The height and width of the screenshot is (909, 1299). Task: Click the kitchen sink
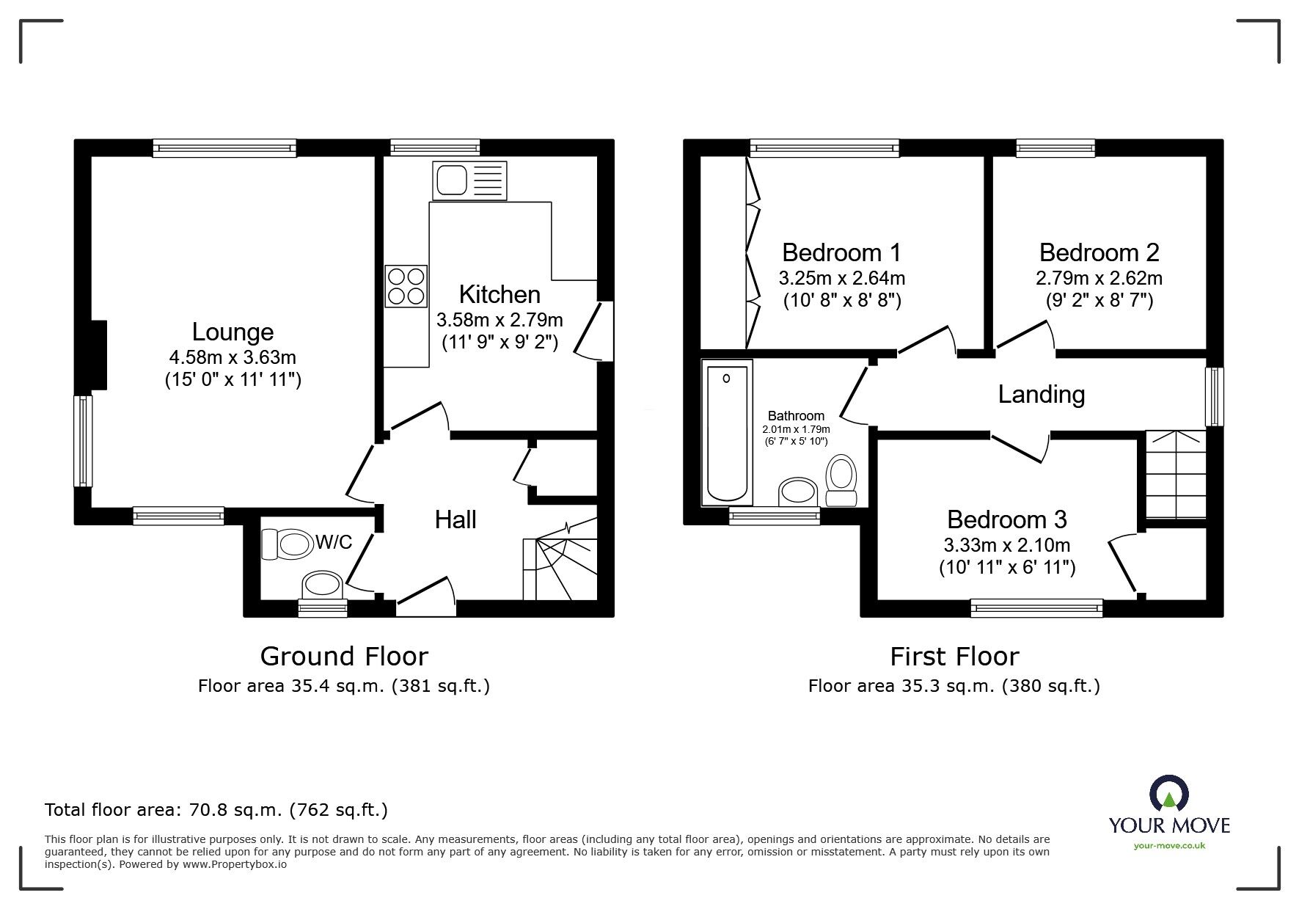[x=469, y=180]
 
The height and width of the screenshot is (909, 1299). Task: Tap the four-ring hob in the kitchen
[x=406, y=286]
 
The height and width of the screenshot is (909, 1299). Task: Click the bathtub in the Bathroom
[x=727, y=432]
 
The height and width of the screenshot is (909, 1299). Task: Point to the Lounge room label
[x=233, y=332]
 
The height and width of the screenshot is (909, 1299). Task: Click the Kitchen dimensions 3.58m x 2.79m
[x=500, y=320]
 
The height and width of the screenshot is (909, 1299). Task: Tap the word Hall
[x=455, y=519]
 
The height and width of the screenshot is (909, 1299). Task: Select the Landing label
[x=1042, y=395]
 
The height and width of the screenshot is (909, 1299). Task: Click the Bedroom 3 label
[x=1007, y=519]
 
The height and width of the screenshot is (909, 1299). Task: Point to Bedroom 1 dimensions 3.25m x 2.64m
[x=842, y=279]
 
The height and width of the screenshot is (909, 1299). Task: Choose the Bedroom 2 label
[x=1099, y=252]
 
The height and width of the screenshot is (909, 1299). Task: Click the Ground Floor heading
[x=344, y=656]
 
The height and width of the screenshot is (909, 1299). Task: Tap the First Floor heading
[x=954, y=656]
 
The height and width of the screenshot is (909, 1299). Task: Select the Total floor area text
[x=216, y=810]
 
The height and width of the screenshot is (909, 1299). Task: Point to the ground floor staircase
[x=560, y=561]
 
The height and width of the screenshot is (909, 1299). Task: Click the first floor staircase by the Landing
[x=1176, y=474]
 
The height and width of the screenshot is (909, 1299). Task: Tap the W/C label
[x=334, y=542]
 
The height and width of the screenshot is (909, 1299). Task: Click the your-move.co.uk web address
[x=1169, y=846]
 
